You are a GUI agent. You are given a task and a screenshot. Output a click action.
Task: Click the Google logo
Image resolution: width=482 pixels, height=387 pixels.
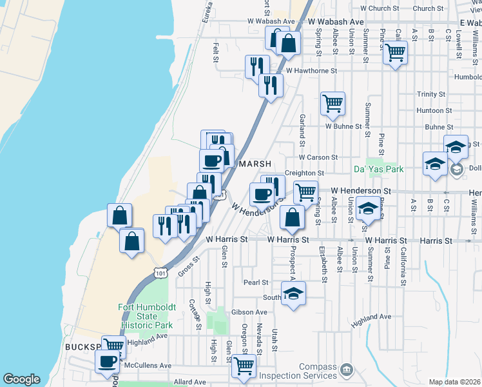(x=21, y=379)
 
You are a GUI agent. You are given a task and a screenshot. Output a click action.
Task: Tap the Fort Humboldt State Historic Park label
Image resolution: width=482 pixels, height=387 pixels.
(x=138, y=316)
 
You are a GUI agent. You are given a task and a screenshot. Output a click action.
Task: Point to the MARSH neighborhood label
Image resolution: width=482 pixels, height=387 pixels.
(x=255, y=164)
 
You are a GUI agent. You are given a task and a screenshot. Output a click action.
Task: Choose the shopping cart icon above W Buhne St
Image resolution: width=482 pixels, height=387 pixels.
(x=333, y=103)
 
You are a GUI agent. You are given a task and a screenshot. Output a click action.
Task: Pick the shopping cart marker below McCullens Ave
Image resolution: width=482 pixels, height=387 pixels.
(x=244, y=366)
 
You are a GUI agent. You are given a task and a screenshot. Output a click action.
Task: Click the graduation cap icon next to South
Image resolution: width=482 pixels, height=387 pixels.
(x=294, y=293)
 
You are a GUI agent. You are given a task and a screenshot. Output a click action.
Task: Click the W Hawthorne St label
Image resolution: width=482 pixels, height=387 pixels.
(x=312, y=70)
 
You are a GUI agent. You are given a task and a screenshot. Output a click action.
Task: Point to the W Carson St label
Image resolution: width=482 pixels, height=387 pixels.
(x=318, y=157)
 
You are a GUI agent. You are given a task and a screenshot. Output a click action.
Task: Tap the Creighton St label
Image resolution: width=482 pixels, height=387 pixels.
(x=304, y=174)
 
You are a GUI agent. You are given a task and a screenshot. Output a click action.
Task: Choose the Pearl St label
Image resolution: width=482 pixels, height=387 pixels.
(x=255, y=283)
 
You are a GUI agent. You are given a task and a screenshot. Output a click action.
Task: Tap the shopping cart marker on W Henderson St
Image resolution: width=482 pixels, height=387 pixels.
(x=305, y=192)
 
